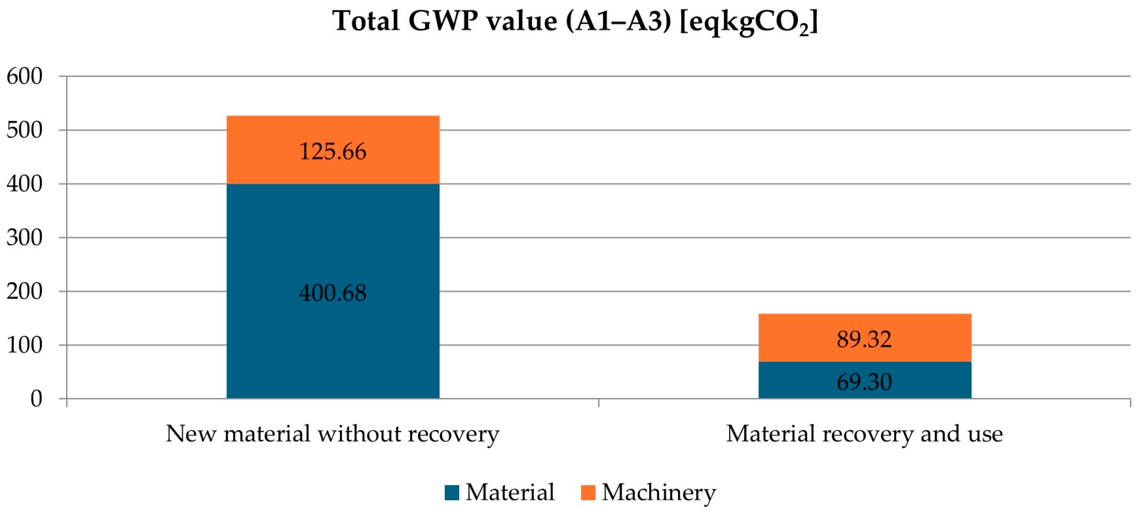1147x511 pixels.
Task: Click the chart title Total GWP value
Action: (x=574, y=21)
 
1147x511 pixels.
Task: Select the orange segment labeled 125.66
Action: (x=333, y=134)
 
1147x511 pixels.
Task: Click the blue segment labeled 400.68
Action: (x=333, y=250)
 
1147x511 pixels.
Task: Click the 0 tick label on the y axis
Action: (x=37, y=399)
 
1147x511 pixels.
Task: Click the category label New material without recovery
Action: (x=333, y=433)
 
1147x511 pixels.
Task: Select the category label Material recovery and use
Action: (x=864, y=433)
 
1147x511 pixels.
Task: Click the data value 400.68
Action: (x=333, y=293)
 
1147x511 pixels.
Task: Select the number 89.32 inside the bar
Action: (x=864, y=339)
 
